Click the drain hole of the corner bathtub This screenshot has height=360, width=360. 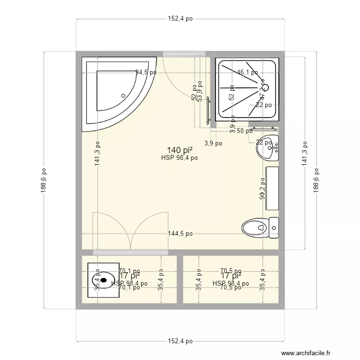[124, 96]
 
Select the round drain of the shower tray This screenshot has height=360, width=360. [265, 88]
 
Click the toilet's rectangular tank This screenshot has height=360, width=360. [274, 228]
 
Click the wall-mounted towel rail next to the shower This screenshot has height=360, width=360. [208, 110]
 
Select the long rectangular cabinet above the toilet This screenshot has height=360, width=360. [273, 188]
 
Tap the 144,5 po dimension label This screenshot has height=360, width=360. [180, 234]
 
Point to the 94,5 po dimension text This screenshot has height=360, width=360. [146, 73]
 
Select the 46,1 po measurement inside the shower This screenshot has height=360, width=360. [247, 73]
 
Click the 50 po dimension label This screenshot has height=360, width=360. [245, 131]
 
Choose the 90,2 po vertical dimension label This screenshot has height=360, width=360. [263, 188]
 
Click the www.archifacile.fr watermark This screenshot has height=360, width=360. [306, 353]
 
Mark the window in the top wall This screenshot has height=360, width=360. [185, 53]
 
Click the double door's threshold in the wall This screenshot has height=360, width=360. [130, 252]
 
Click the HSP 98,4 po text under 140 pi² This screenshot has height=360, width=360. [180, 157]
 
